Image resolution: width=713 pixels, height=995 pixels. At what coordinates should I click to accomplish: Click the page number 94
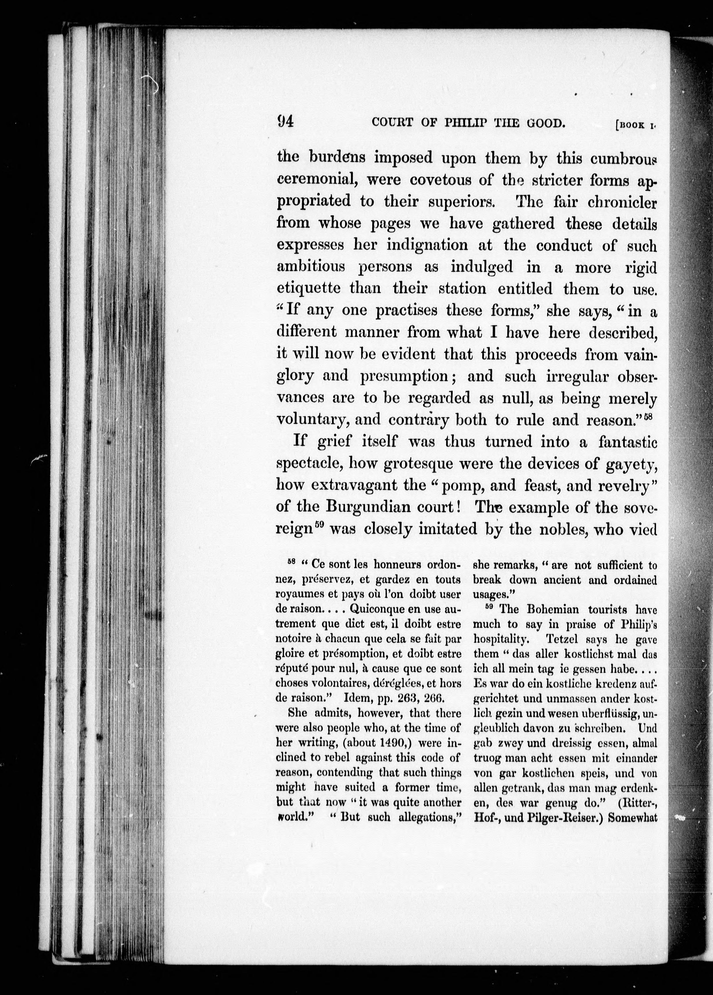pos(286,121)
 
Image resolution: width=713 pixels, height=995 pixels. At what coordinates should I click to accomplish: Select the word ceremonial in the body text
pos(317,180)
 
